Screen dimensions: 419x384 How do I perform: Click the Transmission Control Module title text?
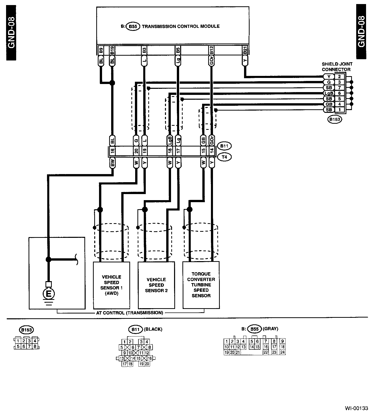181,26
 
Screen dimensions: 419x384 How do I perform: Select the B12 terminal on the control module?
212,50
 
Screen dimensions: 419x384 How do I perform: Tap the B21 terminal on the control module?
245,50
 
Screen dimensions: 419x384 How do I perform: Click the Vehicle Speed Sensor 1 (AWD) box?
111,285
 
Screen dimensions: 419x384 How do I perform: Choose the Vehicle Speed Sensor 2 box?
156,285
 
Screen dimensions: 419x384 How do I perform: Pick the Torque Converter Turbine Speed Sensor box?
201,285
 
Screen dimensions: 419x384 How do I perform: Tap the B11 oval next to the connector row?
224,146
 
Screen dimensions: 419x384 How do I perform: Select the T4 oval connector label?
224,157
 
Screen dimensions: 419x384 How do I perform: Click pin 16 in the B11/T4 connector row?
112,151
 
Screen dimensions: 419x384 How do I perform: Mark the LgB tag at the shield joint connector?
329,93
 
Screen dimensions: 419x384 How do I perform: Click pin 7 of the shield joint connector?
340,88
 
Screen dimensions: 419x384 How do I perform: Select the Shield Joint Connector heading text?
337,67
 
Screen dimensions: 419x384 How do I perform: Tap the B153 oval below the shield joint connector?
334,119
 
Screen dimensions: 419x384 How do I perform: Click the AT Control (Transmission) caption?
130,313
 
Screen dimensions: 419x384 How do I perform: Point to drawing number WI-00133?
356,408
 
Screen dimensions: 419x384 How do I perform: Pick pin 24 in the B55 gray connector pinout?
282,352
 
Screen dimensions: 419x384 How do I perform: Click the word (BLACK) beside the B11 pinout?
153,329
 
